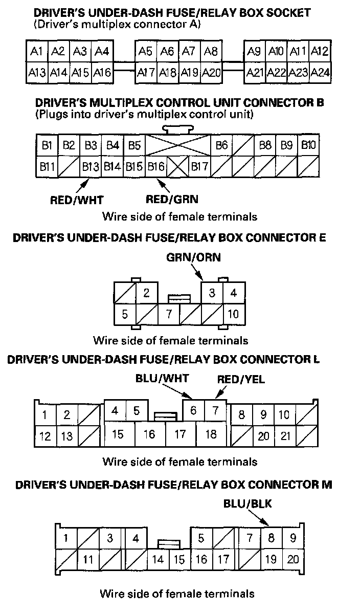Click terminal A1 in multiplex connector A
pyautogui.click(x=36, y=51)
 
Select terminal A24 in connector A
pyautogui.click(x=320, y=73)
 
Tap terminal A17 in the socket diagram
pyautogui.click(x=146, y=73)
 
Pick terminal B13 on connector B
pyautogui.click(x=91, y=166)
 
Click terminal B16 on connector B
pyautogui.click(x=156, y=166)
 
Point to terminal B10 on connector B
pyautogui.click(x=308, y=145)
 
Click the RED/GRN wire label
pyautogui.click(x=172, y=199)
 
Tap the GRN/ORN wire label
pyautogui.click(x=194, y=257)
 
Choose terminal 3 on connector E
pyautogui.click(x=212, y=293)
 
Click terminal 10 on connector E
pyautogui.click(x=233, y=313)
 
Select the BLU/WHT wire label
pyautogui.click(x=162, y=379)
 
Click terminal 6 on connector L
pyautogui.click(x=193, y=410)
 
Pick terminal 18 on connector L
pyautogui.click(x=211, y=434)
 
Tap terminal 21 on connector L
pyautogui.click(x=285, y=436)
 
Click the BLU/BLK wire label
pyautogui.click(x=247, y=504)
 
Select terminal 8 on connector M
pyautogui.click(x=271, y=538)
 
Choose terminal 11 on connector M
pyautogui.click(x=87, y=560)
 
